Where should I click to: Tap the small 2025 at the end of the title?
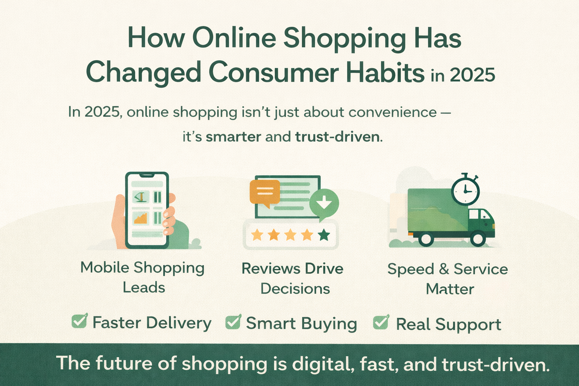(472, 75)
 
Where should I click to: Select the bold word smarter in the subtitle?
(233, 136)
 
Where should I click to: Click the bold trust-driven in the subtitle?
(337, 136)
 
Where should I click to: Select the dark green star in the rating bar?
(324, 235)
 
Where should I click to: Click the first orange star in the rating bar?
(257, 235)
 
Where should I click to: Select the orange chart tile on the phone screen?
(140, 218)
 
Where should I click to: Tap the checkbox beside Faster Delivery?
(79, 321)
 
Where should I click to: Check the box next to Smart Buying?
(233, 322)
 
